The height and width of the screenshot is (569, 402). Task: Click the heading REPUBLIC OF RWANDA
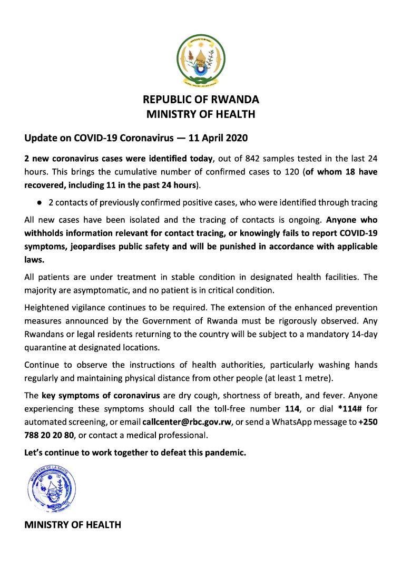201,100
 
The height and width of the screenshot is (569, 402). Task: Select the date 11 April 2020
217,138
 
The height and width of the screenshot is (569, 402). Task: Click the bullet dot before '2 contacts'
39,202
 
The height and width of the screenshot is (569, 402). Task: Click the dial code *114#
350,408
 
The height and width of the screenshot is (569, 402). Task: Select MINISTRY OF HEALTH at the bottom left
73,525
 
